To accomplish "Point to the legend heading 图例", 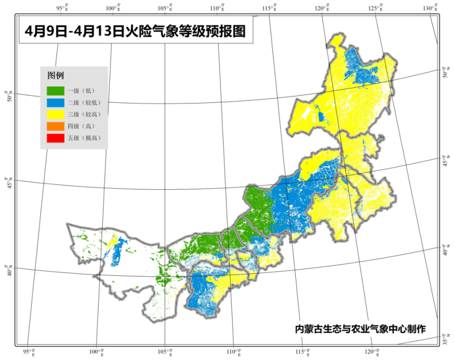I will coord(55,75).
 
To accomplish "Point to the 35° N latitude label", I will coord(445,339).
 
